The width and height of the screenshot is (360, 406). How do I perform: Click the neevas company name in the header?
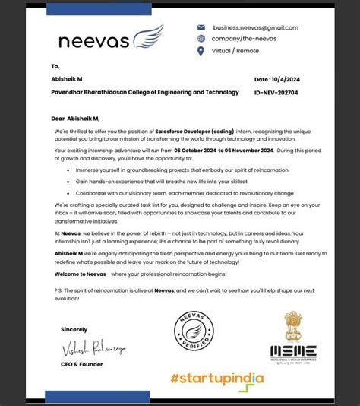click(x=94, y=40)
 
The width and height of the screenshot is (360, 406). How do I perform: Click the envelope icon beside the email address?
click(x=201, y=27)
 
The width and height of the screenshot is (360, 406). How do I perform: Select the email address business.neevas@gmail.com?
click(x=255, y=27)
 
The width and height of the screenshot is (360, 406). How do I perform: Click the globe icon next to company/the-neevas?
click(x=201, y=39)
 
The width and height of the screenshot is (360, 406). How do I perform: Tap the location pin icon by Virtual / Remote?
click(x=201, y=51)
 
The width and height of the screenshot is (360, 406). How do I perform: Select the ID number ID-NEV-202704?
click(x=276, y=92)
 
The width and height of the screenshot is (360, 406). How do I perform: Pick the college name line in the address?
click(x=145, y=92)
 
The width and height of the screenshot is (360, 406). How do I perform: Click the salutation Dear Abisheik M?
click(x=75, y=118)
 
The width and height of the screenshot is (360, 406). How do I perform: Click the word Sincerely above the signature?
click(x=73, y=329)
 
